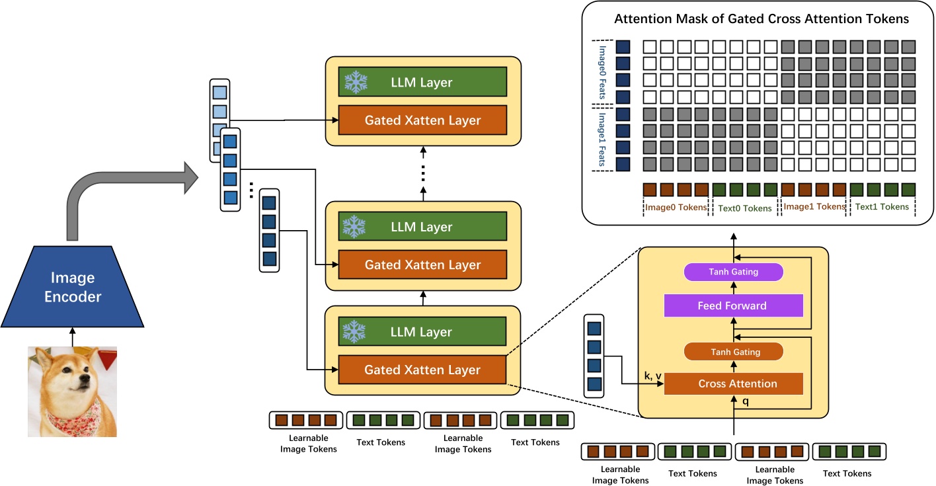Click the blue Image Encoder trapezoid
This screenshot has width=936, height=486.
click(73, 287)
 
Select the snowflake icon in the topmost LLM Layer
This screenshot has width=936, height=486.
click(354, 82)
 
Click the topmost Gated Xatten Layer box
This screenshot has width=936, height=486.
click(422, 120)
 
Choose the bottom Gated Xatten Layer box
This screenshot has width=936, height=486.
click(422, 370)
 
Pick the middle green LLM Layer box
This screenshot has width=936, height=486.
click(422, 227)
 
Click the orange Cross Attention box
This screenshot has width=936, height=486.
click(733, 384)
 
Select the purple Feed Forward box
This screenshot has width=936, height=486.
click(733, 305)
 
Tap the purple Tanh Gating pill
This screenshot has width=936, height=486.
click(733, 272)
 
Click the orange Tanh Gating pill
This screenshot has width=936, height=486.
click(733, 352)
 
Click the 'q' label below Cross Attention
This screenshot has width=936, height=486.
click(746, 401)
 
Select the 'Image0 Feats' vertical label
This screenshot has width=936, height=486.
click(602, 72)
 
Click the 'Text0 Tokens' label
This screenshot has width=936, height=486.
click(745, 208)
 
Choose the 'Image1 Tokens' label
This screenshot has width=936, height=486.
click(814, 207)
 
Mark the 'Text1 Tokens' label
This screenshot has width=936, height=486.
click(882, 207)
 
